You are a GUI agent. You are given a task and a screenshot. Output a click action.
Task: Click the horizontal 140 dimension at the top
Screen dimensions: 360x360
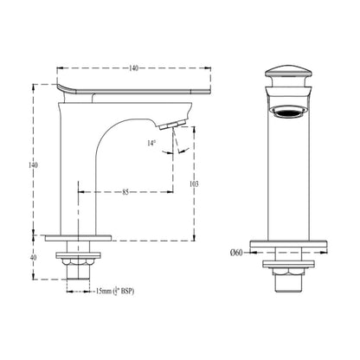pos(133,68)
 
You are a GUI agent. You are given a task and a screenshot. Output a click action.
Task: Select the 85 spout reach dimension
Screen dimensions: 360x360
pos(125,192)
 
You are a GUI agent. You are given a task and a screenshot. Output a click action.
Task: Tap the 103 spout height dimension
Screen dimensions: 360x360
pos(194,183)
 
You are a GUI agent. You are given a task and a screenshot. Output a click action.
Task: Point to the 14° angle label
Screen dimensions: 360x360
pos(151,143)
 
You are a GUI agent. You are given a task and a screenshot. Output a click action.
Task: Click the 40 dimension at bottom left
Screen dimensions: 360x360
pos(34,257)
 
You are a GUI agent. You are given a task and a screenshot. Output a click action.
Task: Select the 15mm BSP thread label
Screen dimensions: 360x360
pos(115,292)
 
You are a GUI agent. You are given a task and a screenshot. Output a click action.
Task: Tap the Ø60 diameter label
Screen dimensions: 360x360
pos(236,253)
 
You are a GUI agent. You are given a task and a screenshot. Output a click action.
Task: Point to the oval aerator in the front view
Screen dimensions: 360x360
pos(289,112)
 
